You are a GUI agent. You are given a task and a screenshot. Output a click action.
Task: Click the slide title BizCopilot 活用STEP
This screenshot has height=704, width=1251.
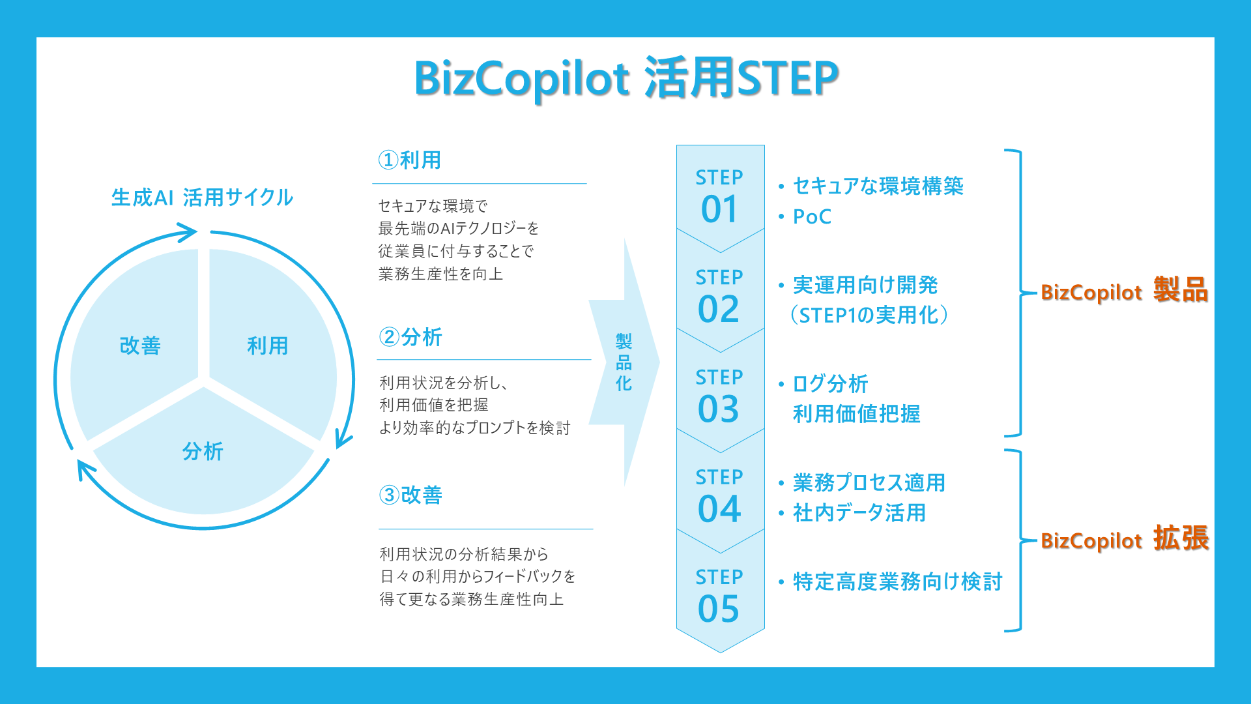(626, 78)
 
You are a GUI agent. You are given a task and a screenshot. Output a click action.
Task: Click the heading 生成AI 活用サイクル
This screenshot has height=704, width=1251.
(202, 198)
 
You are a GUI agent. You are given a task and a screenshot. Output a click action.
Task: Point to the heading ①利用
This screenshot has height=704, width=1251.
(410, 160)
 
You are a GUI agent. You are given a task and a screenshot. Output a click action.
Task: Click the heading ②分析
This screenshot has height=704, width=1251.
(410, 337)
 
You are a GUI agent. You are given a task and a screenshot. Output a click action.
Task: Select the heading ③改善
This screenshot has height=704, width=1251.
(410, 495)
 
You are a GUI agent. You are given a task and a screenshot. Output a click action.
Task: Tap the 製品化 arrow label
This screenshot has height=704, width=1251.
(624, 362)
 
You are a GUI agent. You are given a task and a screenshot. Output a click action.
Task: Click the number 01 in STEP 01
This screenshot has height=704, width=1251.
(719, 209)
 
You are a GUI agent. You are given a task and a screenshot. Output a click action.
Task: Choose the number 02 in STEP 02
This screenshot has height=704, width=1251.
(719, 309)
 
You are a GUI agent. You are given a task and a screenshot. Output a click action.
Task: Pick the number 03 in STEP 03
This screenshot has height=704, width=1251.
(719, 409)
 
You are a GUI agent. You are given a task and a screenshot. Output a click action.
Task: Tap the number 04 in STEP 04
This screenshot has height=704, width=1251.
(719, 508)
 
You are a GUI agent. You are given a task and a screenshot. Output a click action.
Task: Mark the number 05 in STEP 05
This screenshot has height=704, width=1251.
(719, 608)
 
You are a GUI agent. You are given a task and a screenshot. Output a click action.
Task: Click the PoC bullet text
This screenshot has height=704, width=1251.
(812, 216)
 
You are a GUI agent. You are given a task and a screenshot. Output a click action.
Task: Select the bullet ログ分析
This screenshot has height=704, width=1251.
(830, 384)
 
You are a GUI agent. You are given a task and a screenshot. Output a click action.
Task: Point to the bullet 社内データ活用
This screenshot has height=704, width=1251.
(859, 513)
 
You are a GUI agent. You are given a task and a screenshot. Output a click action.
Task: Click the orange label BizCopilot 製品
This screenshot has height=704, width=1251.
(1125, 290)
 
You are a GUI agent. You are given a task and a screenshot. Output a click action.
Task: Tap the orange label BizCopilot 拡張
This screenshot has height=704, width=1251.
(1125, 538)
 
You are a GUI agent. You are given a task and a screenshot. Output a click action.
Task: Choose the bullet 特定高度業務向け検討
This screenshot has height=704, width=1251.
(897, 581)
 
